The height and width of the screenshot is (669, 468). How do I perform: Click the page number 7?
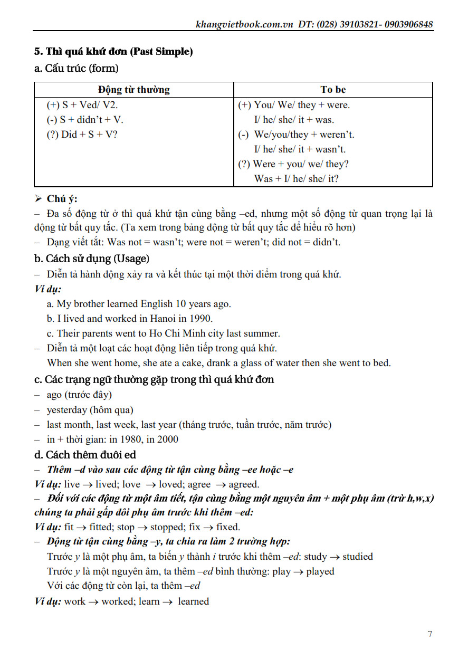430,634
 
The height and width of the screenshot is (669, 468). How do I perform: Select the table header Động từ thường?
134,90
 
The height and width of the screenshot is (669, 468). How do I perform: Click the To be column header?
333,90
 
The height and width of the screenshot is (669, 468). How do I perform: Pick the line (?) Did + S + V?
82,134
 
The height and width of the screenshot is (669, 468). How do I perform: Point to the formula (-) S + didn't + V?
85,119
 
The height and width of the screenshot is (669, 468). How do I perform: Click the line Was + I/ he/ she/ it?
296,178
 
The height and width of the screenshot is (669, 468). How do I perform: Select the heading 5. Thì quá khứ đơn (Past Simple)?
113,52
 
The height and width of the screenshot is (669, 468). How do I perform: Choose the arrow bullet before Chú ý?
38,199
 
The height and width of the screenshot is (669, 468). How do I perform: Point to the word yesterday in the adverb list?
66,409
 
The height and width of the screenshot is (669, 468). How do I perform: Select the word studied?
357,557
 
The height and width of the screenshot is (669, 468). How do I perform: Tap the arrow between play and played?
298,571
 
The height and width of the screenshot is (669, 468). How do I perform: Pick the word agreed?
244,484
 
